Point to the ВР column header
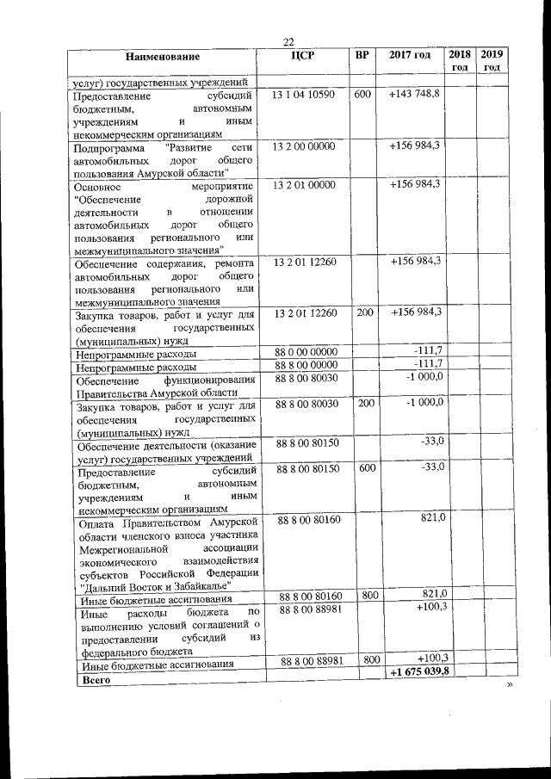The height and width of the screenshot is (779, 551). pyautogui.click(x=362, y=56)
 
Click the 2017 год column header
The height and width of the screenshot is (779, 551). pyautogui.click(x=410, y=56)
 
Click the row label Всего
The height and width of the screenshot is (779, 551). pyautogui.click(x=92, y=679)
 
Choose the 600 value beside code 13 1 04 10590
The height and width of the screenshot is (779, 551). pyautogui.click(x=362, y=93)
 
